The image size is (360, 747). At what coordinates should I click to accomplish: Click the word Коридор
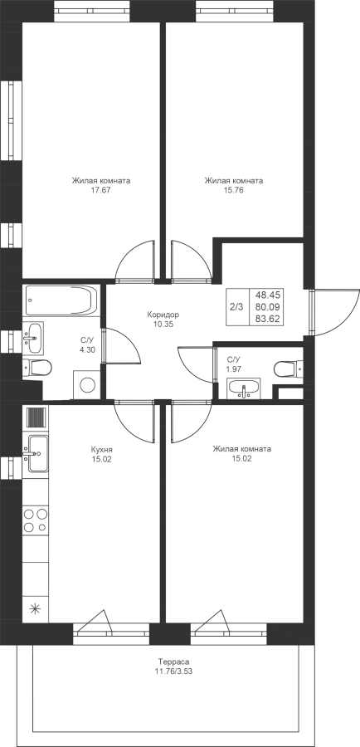click(x=163, y=315)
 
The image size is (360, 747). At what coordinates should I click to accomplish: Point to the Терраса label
click(x=174, y=662)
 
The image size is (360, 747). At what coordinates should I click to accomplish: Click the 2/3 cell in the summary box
click(x=236, y=307)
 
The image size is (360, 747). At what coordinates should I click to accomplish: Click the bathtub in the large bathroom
click(x=61, y=300)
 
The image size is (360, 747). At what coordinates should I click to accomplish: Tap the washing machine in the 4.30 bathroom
click(x=86, y=384)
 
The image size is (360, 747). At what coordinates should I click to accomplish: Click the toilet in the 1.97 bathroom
click(x=288, y=369)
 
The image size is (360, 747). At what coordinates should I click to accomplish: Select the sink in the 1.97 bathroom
click(x=244, y=388)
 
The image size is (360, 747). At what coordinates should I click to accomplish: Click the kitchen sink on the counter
click(x=35, y=453)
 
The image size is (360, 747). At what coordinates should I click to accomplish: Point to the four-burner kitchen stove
click(x=35, y=520)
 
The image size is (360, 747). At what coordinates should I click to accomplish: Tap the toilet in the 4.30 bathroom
click(x=37, y=368)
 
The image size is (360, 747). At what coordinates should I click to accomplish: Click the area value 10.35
click(x=163, y=325)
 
